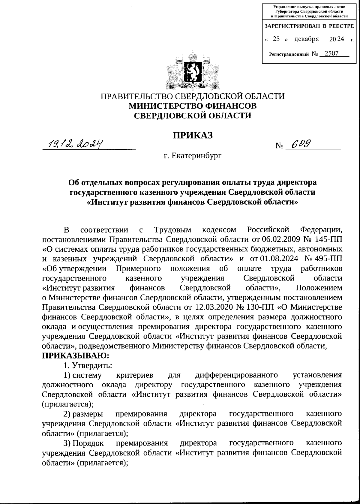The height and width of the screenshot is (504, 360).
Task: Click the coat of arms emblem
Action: click(x=192, y=71)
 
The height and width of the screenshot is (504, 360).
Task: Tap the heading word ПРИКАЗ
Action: click(x=192, y=136)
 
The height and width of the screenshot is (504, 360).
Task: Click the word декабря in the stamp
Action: click(x=306, y=39)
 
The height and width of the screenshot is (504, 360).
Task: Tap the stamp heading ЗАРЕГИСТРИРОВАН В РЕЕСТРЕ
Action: click(x=309, y=26)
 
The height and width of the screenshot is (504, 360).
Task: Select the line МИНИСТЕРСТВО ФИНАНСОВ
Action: click(x=192, y=106)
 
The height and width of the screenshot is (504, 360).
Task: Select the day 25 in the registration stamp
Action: click(x=276, y=39)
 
